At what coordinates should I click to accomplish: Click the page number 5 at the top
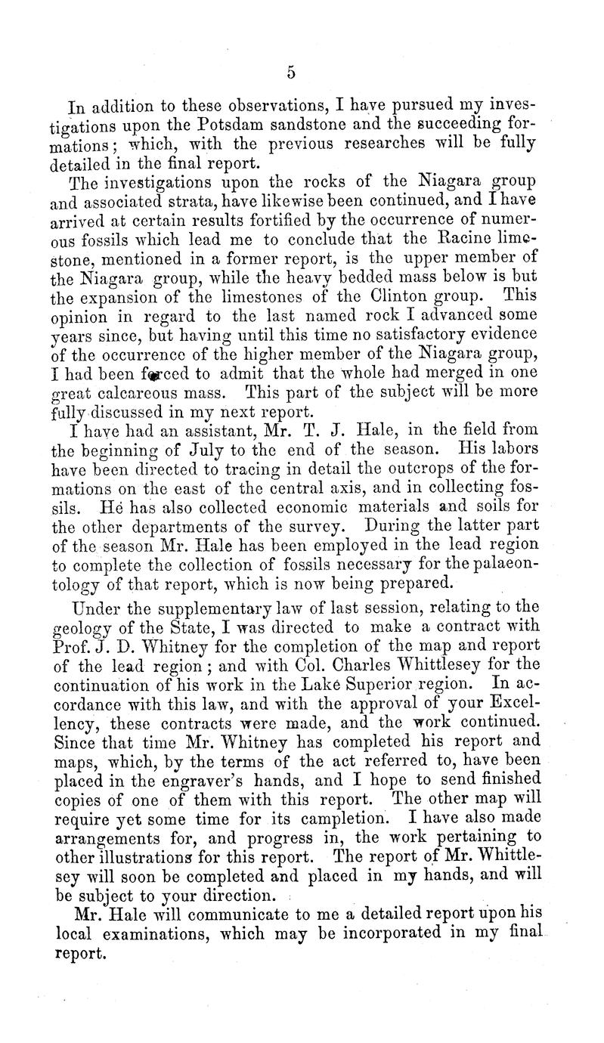(290, 73)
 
